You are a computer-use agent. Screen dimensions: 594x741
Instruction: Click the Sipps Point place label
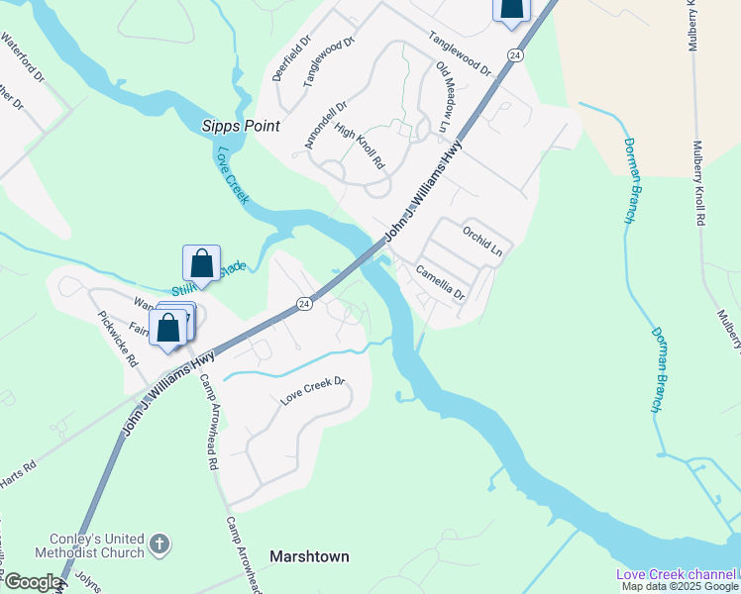point(241,126)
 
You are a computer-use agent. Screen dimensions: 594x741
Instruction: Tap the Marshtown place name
point(309,556)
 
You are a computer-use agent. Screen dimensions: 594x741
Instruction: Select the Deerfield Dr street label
point(292,62)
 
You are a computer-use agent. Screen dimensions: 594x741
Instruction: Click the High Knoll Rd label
point(359,147)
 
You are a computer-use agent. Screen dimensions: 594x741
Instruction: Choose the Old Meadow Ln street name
point(443,97)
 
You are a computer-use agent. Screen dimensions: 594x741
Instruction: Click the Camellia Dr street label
point(440,282)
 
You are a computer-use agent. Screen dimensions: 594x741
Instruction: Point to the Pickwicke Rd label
point(117,338)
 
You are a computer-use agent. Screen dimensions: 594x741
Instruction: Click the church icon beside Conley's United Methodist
point(159,544)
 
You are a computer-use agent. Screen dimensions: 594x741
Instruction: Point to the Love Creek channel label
point(677,574)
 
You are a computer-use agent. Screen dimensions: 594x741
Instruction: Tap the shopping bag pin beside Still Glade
point(201,263)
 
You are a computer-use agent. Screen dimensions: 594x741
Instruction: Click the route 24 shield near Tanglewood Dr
point(514,56)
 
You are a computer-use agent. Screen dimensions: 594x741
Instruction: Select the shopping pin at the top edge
point(511,7)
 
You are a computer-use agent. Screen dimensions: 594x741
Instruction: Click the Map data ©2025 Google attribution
point(680,586)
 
